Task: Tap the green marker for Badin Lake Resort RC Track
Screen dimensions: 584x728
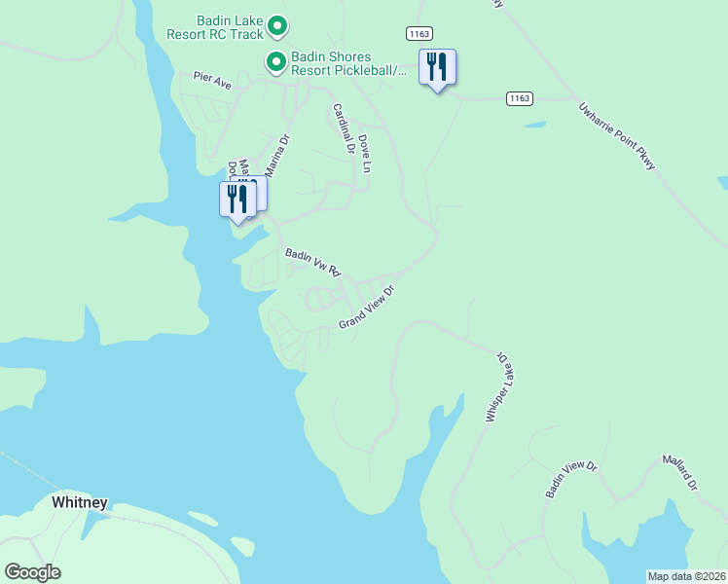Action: [276, 25]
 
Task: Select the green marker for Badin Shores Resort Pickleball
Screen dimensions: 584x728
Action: [276, 62]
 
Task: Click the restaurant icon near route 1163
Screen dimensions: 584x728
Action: [437, 67]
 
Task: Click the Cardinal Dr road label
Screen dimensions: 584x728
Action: [342, 129]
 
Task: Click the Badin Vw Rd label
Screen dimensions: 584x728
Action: [311, 261]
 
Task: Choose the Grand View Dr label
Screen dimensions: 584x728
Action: [369, 307]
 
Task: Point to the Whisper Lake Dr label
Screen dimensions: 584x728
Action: [497, 386]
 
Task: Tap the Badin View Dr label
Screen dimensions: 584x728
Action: [570, 479]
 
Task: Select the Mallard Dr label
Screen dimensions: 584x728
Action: [681, 471]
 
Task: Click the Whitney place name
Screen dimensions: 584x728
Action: [79, 503]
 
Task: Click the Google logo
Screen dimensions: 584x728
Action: [32, 572]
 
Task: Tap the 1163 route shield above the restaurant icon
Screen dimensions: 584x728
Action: [419, 33]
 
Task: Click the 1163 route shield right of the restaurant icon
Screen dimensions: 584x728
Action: [519, 97]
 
